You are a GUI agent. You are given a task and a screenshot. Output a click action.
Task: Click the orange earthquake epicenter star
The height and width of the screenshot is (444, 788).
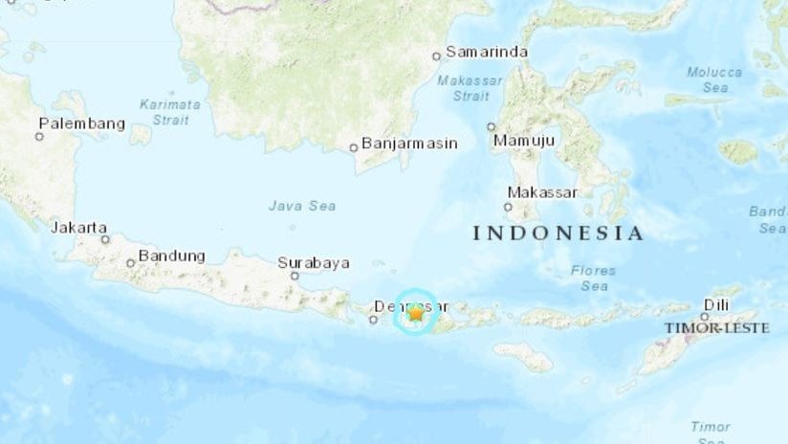(x=416, y=313)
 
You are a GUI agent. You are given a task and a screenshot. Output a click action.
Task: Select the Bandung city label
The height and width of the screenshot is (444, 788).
(x=172, y=255)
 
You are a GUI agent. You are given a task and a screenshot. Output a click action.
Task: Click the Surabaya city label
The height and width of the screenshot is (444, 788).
(x=314, y=262)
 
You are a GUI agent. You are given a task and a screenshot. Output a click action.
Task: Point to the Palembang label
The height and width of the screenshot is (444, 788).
(x=81, y=123)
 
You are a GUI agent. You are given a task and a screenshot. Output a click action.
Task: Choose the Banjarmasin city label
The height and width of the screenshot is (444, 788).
(x=410, y=144)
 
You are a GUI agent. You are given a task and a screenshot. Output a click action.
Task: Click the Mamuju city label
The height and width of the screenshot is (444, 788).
(x=524, y=142)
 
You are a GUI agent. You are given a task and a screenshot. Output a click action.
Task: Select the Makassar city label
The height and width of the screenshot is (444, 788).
(x=542, y=192)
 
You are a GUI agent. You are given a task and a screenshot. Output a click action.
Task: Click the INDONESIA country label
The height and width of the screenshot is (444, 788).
(x=558, y=233)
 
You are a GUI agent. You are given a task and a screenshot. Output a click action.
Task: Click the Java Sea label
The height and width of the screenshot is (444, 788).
(x=302, y=205)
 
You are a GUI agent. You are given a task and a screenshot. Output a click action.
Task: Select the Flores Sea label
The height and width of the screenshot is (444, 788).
(x=593, y=277)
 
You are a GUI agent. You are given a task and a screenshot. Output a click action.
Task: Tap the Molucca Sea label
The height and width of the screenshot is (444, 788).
(x=713, y=79)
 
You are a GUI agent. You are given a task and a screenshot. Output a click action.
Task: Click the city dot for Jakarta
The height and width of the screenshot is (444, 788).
(x=105, y=239)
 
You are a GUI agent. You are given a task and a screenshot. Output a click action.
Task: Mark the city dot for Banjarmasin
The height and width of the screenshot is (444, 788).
(x=353, y=147)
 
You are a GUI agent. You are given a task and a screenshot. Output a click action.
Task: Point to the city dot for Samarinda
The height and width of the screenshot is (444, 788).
(x=436, y=56)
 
